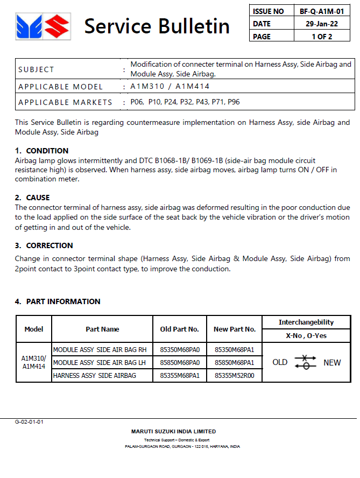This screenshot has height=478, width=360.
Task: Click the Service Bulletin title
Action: click(157, 25)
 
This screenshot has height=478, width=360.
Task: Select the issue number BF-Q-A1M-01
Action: click(322, 11)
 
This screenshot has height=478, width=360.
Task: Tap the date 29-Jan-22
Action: click(322, 24)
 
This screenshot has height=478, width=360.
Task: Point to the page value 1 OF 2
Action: click(322, 37)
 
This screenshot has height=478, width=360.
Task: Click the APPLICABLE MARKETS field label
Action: click(65, 102)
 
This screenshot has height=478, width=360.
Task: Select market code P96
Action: click(233, 102)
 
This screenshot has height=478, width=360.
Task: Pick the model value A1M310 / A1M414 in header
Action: click(170, 87)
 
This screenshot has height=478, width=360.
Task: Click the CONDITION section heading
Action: click(47, 151)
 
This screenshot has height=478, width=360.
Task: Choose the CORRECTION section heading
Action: click(50, 245)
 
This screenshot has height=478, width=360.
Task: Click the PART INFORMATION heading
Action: click(63, 301)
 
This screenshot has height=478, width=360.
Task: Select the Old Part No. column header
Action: click(180, 329)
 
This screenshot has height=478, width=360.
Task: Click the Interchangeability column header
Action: click(306, 322)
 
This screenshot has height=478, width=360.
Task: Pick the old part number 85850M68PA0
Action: click(180, 363)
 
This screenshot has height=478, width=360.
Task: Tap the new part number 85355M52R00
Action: click(234, 376)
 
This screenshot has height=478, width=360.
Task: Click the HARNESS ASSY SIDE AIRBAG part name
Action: click(94, 376)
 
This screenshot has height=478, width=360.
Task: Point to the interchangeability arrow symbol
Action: click(306, 362)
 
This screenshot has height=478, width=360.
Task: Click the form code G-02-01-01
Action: click(29, 422)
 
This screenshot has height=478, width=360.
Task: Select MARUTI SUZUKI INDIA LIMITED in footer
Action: click(173, 431)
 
